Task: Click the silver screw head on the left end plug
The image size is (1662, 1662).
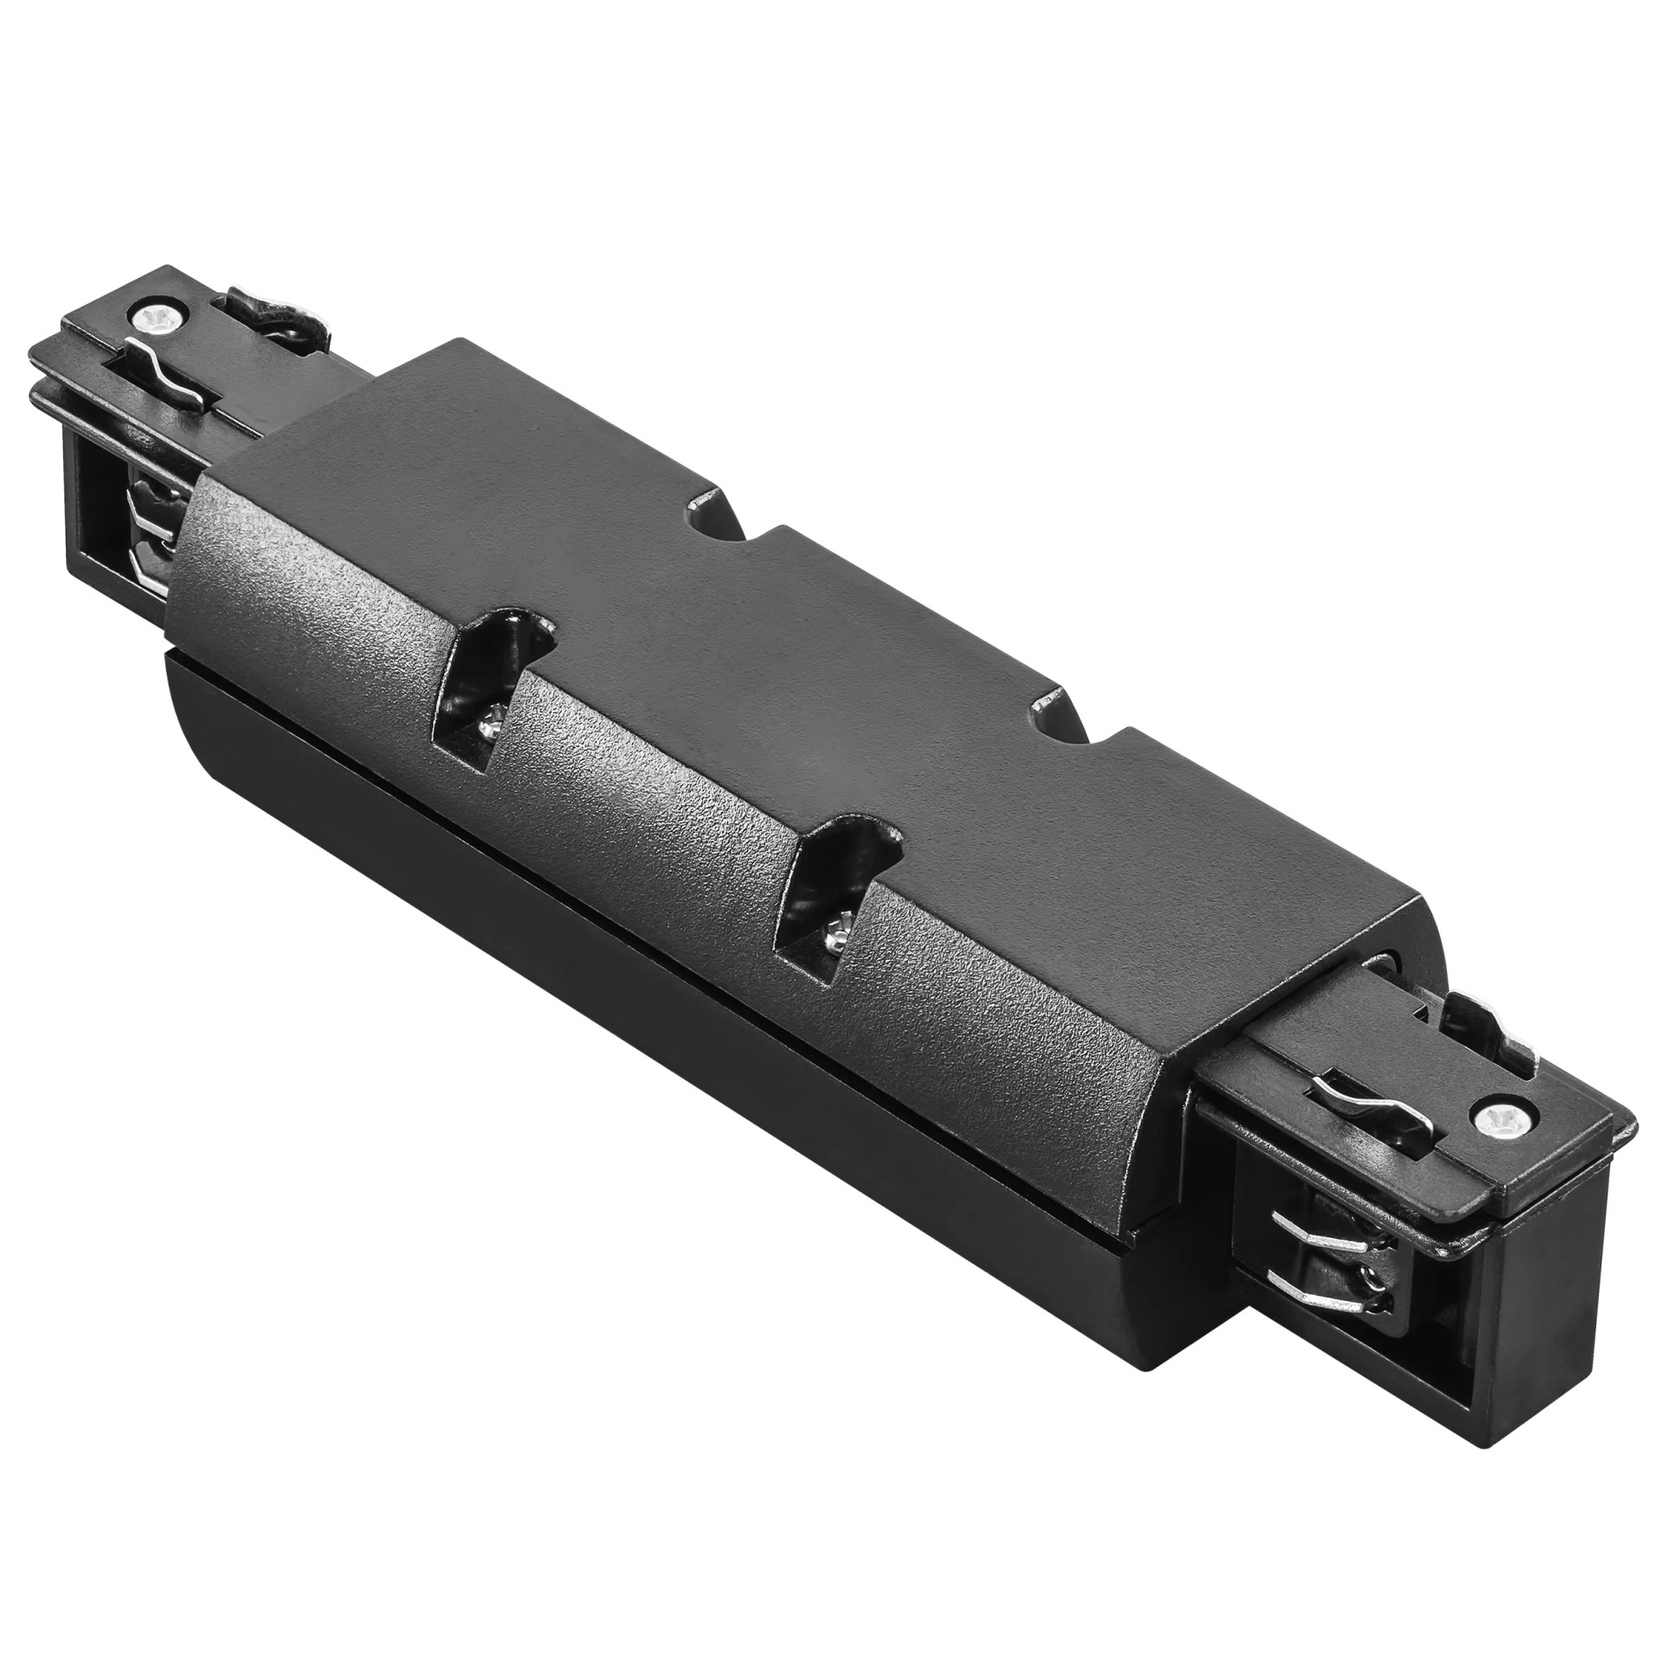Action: pos(162,318)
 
